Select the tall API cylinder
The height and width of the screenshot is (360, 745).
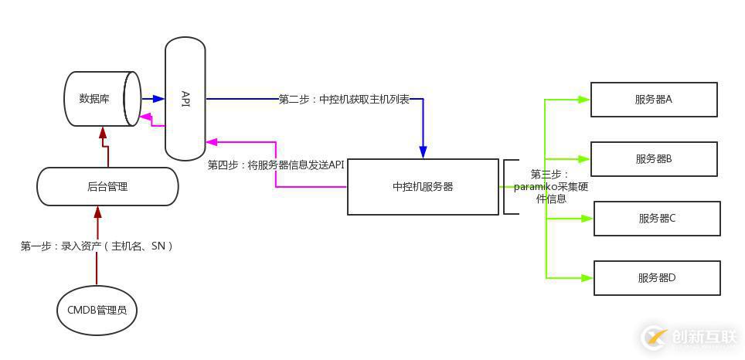point(185,98)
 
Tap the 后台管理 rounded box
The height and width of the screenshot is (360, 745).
point(107,186)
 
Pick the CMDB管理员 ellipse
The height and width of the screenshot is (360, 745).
point(97,311)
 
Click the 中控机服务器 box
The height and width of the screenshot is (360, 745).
point(423,186)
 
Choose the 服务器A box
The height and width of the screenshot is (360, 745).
point(654,99)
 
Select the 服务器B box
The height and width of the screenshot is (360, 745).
point(654,158)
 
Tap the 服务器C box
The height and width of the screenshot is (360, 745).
point(657,218)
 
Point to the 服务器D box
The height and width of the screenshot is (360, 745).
point(657,277)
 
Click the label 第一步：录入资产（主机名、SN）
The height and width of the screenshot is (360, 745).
point(97,246)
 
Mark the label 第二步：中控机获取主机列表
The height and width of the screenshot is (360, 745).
point(344,99)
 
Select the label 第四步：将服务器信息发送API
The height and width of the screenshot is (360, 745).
point(276,165)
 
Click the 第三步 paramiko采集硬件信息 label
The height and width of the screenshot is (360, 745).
point(550,187)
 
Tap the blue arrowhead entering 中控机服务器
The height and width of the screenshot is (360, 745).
point(423,152)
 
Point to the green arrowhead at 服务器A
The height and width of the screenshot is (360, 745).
point(585,99)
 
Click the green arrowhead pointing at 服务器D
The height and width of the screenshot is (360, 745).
point(588,277)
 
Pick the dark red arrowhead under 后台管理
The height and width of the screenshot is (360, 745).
point(97,211)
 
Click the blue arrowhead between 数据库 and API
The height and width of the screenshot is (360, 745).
point(159,99)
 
